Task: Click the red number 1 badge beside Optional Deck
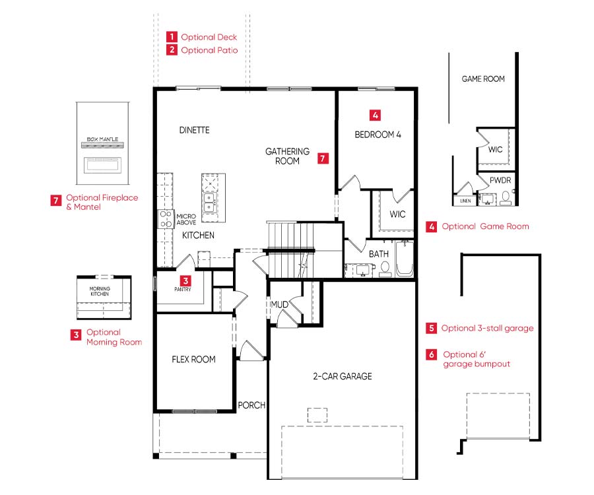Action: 172,37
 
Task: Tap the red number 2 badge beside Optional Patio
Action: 172,49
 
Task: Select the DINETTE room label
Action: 194,130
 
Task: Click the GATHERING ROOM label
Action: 287,156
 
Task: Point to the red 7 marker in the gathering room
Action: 323,158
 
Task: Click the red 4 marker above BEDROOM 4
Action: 375,115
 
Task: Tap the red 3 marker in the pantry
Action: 185,280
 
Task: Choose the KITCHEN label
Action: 198,235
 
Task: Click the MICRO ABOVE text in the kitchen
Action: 186,219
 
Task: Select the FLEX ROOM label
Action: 193,360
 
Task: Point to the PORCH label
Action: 251,405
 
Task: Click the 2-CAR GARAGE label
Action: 343,376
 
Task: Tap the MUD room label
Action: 280,304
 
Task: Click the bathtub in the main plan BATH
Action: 405,258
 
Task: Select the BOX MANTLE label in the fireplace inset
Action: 103,139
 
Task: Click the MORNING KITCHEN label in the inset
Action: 100,291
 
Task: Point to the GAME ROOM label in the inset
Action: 483,79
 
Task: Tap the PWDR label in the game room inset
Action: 500,180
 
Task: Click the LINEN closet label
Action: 465,201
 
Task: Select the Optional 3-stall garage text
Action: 487,329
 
